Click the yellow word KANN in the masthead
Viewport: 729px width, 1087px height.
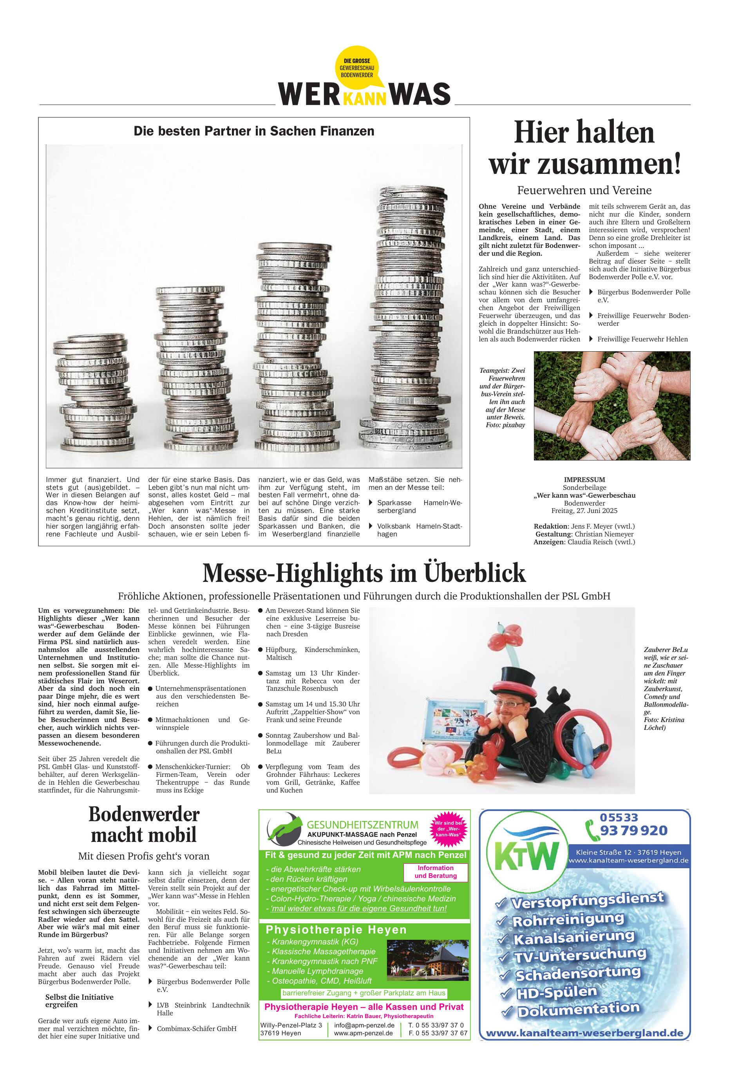[x=364, y=99]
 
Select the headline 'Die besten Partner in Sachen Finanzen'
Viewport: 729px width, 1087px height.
[x=254, y=131]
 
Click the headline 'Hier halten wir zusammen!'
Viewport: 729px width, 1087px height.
[x=584, y=148]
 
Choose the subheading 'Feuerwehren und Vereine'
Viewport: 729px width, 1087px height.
[x=584, y=190]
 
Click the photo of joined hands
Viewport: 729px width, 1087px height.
[x=612, y=405]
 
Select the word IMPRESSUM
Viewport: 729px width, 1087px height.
[x=584, y=480]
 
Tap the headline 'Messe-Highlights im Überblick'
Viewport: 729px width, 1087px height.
[x=364, y=572]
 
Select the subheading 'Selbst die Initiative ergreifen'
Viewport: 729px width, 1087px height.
[x=79, y=1000]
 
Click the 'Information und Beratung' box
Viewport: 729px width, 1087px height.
[x=436, y=872]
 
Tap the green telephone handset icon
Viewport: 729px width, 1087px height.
[x=592, y=831]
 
